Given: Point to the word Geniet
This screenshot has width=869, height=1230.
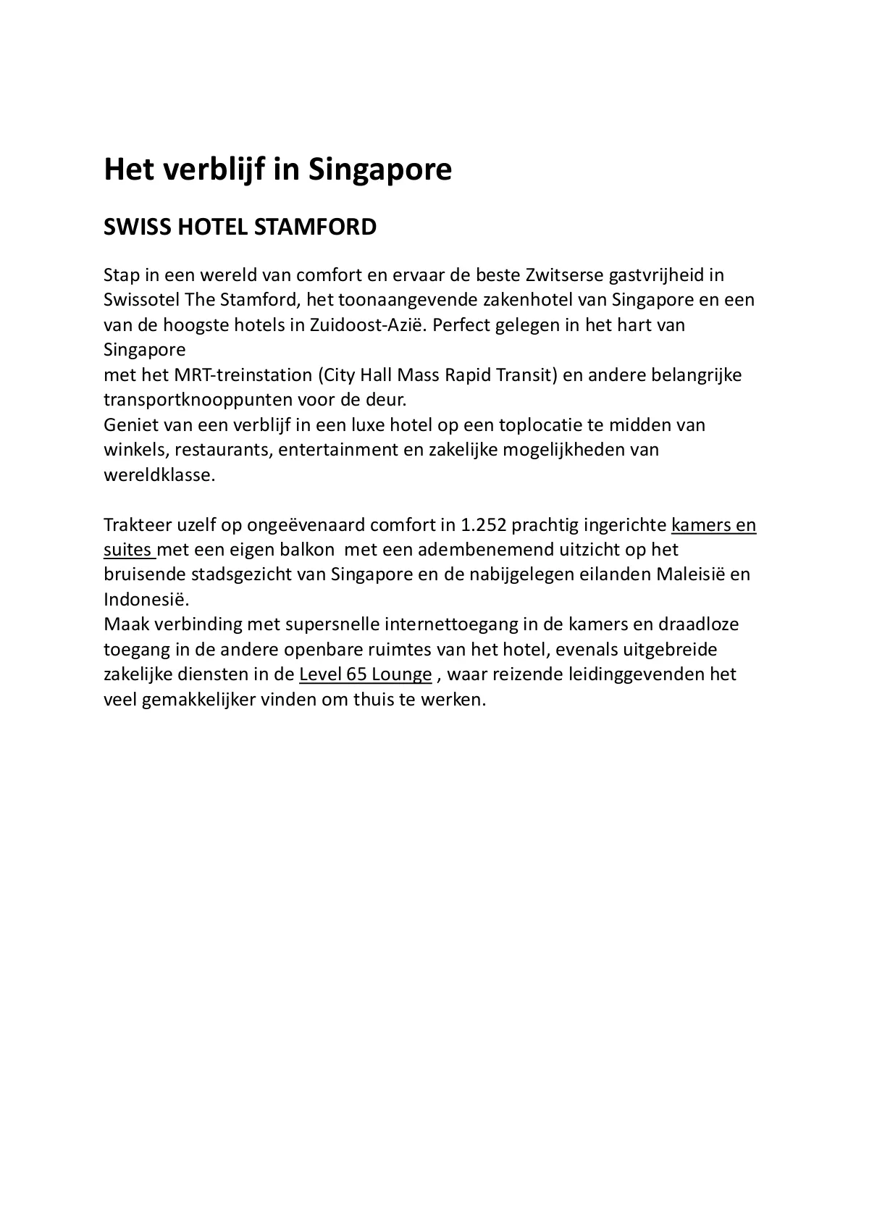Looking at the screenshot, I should point(127,424).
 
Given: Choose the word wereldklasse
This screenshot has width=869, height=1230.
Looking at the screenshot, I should point(159,475).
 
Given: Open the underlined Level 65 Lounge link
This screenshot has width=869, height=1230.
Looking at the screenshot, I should point(366,674).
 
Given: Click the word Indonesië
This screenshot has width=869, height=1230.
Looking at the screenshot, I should point(146,600).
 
